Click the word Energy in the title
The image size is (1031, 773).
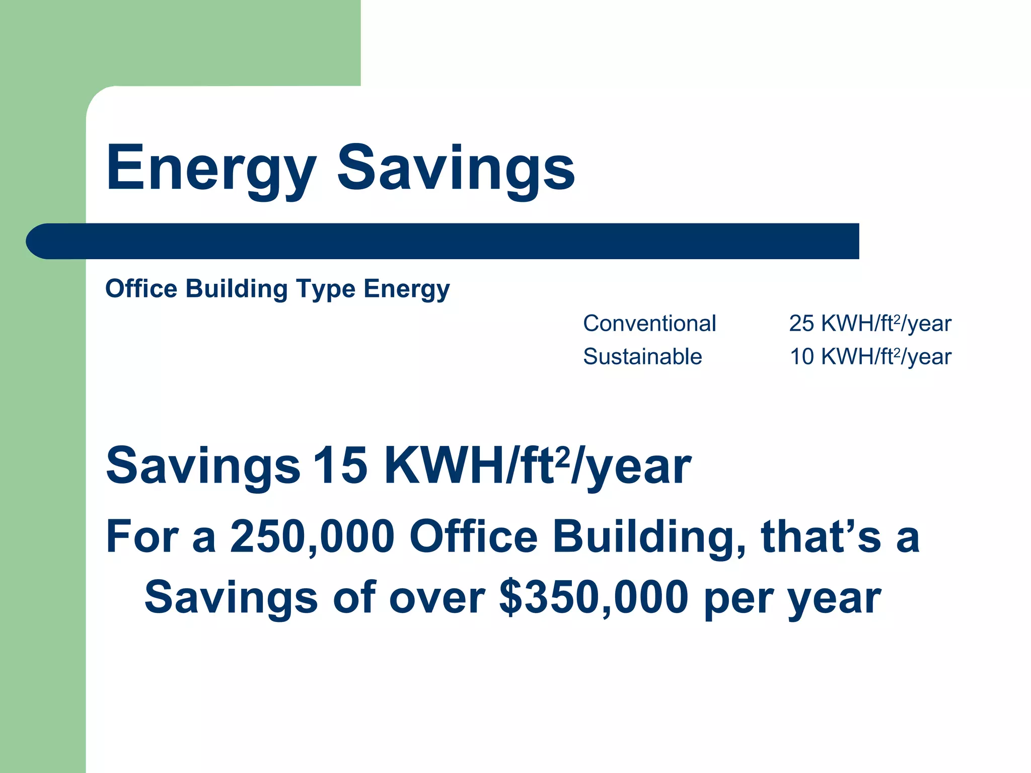click(x=211, y=169)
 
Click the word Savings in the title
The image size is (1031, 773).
click(x=456, y=169)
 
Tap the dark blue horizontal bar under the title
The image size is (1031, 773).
click(x=443, y=241)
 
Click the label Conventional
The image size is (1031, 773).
click(x=649, y=323)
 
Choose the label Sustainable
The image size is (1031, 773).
click(x=642, y=356)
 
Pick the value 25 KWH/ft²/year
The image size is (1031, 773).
click(x=870, y=323)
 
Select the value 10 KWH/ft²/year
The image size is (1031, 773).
click(x=870, y=356)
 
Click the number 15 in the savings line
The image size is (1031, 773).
click(x=340, y=466)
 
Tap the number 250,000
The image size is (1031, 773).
click(x=312, y=536)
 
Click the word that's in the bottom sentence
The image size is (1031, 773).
click(x=821, y=536)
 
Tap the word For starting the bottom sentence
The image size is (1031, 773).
click(x=142, y=536)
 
